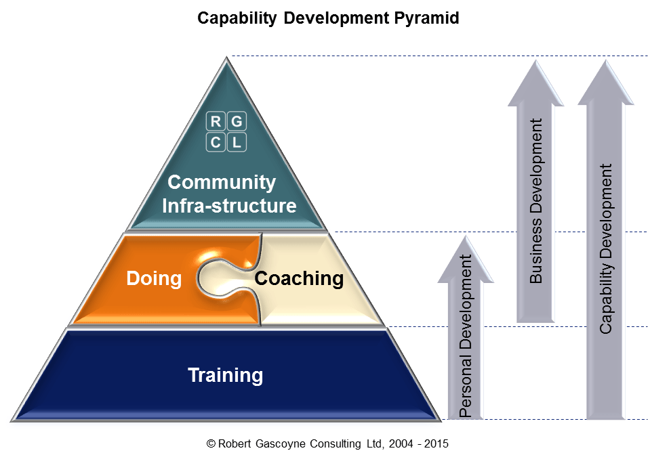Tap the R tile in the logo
(216, 122)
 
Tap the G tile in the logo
(236, 122)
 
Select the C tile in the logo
(216, 142)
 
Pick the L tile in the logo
(236, 142)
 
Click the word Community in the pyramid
(222, 182)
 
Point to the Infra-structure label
(229, 205)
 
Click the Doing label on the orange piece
(154, 278)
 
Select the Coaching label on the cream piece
(298, 278)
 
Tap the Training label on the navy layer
(225, 374)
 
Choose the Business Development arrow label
(536, 200)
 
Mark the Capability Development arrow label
(606, 248)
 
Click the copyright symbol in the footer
(210, 444)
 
